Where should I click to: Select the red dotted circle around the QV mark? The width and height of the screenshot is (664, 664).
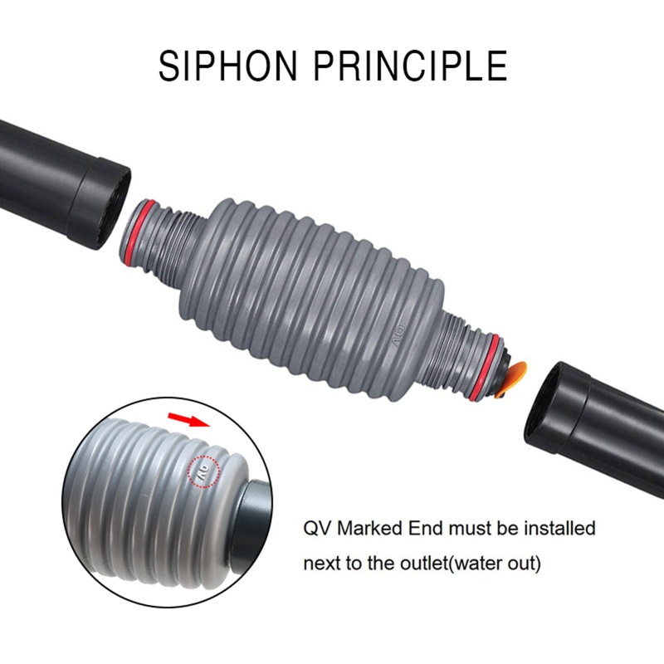202,471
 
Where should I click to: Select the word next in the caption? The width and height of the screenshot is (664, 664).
320,564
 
